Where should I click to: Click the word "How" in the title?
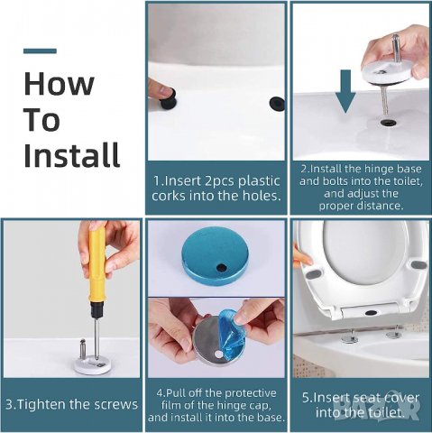pos(59,84)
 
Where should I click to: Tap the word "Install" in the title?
pos(71,154)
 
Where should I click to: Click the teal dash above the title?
pos(40,51)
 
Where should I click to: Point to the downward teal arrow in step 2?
pos(345,91)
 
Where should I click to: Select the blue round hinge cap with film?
pos(216,252)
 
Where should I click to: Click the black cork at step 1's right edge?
pos(277,104)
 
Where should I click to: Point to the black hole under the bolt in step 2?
pos(387,122)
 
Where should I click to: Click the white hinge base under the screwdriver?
pos(93,364)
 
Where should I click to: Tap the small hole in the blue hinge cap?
pos(222,267)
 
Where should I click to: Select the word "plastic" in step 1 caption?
pos(259,180)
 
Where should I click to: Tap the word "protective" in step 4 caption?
pos(251,393)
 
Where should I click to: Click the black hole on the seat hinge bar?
pos(372,313)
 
